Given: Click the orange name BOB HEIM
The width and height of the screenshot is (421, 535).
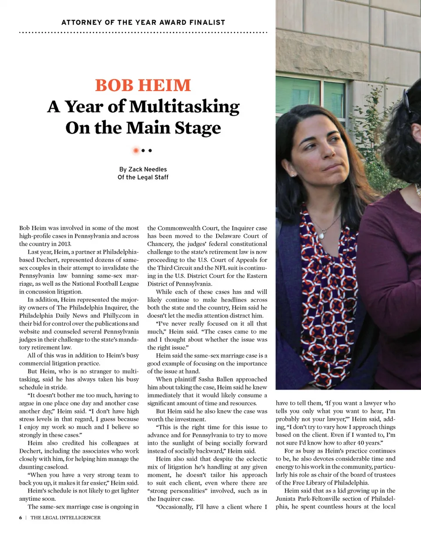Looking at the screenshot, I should [x=143, y=85].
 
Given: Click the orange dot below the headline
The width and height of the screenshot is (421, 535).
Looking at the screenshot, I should [x=136, y=150].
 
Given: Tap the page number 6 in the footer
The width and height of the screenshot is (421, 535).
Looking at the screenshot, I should [x=21, y=517].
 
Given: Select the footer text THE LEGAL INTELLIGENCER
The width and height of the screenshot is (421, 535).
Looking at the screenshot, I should [x=65, y=517].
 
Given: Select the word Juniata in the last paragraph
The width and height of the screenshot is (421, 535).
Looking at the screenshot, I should [x=289, y=499].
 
